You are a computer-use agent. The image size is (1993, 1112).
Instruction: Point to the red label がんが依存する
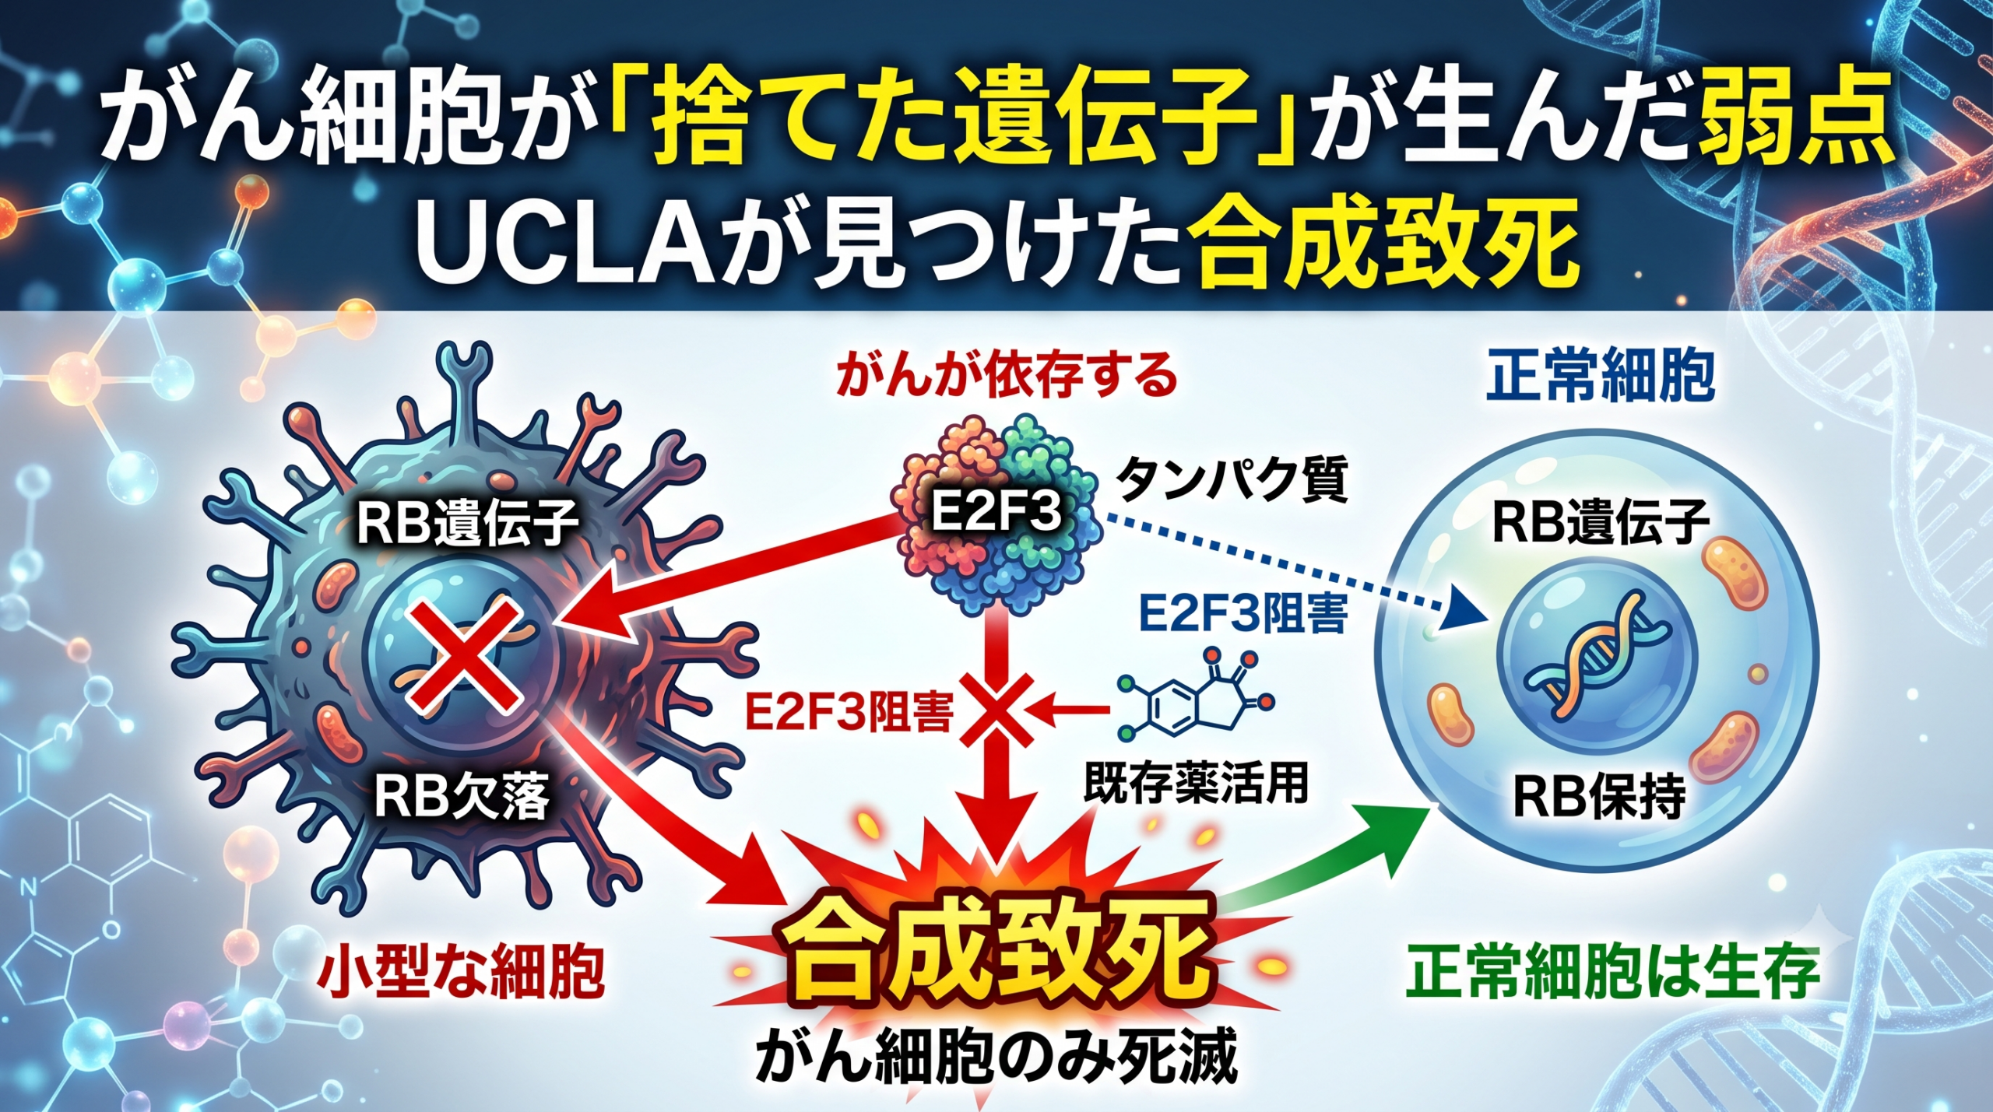(1007, 377)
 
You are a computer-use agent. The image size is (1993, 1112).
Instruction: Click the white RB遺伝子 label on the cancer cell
(467, 523)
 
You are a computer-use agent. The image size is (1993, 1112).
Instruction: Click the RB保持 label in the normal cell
(1600, 795)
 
